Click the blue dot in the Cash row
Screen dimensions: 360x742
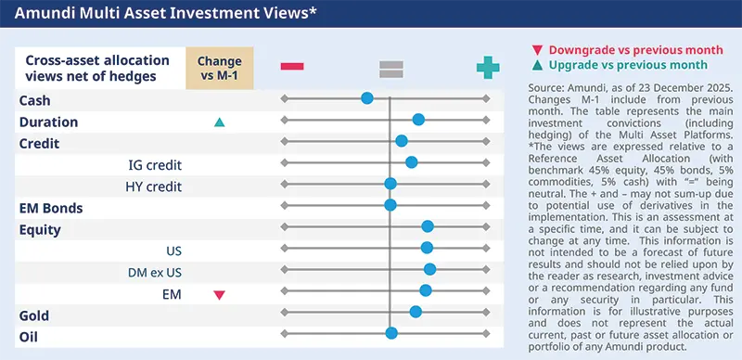367,97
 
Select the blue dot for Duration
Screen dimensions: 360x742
418,119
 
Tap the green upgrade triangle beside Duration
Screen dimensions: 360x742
220,122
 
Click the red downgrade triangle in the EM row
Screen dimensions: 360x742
220,295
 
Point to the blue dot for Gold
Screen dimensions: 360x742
416,312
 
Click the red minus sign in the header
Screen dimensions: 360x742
293,66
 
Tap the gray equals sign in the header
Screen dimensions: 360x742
390,67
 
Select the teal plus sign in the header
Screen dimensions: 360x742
487,67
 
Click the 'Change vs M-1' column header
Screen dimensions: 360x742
220,68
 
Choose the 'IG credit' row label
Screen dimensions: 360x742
154,165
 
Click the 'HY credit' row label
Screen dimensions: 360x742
153,186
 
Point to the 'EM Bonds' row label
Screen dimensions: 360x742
51,207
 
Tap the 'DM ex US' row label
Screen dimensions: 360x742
154,273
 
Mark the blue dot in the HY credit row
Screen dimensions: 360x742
390,183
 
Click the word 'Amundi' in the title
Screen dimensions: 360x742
43,15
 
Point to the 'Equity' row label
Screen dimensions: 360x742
40,229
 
